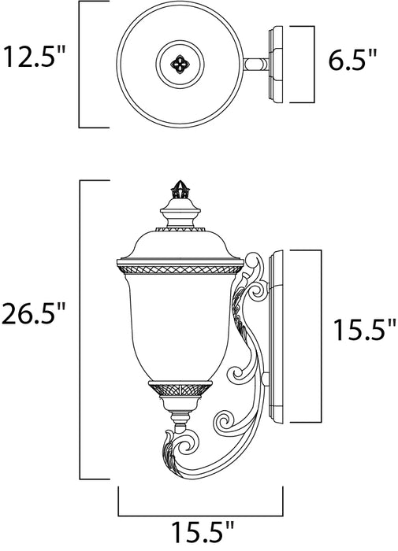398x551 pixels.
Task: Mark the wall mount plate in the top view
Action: (x=275, y=65)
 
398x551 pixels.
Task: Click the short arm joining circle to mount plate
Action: (x=255, y=65)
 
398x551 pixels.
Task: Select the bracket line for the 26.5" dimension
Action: (x=81, y=331)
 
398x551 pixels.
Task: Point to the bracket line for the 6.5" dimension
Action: (x=314, y=65)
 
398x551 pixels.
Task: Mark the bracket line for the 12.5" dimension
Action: (x=80, y=65)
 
